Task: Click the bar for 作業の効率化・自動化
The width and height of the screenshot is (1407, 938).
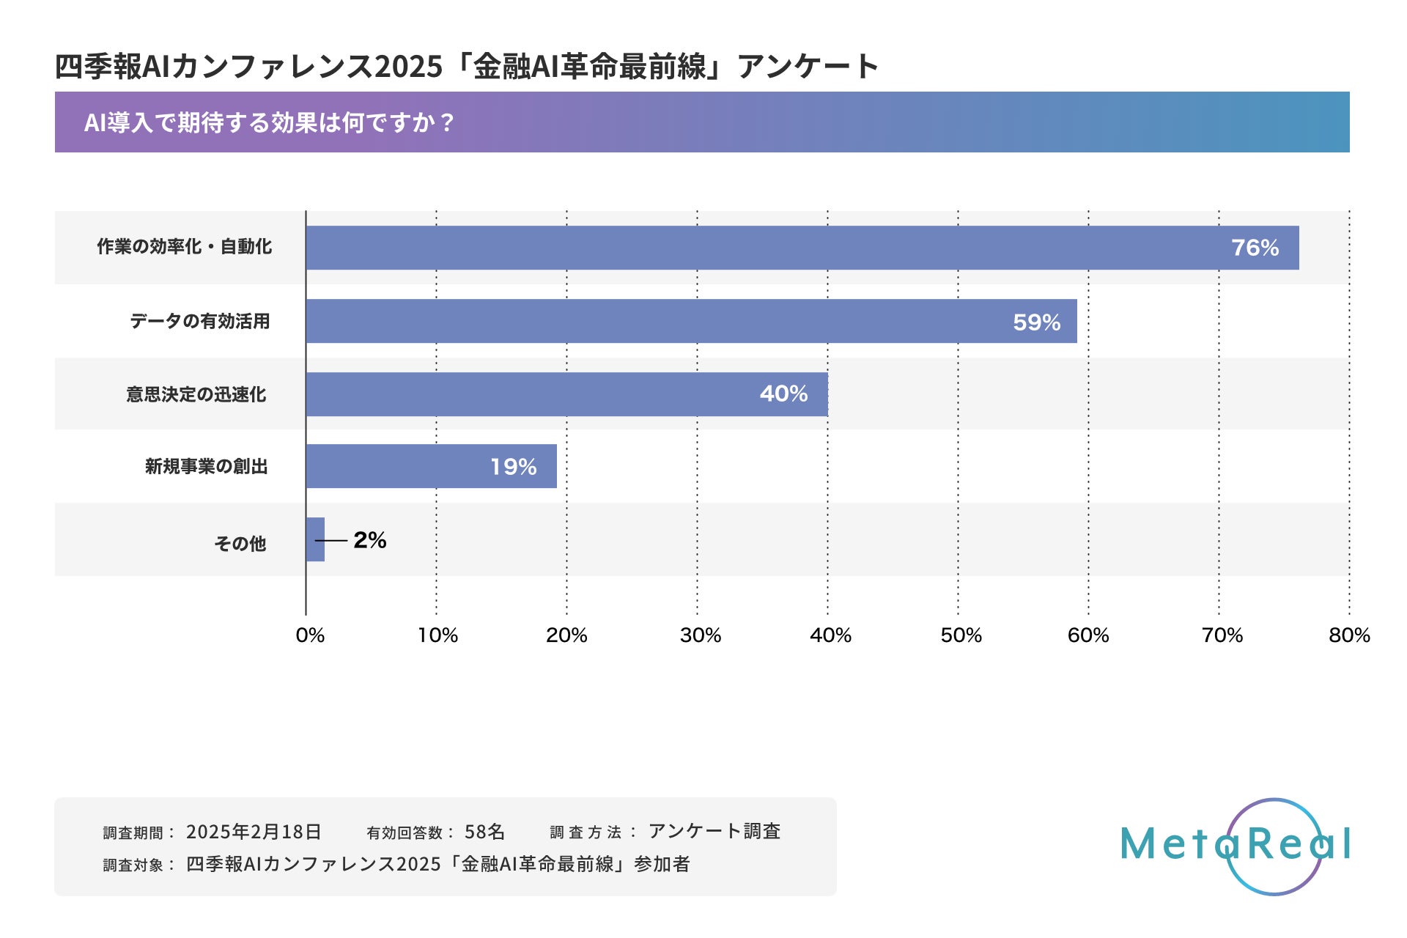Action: click(x=802, y=248)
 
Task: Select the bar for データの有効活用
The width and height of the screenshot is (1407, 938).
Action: click(x=691, y=321)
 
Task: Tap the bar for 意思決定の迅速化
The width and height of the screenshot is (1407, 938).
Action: click(x=566, y=394)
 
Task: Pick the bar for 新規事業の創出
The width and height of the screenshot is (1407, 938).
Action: click(x=431, y=466)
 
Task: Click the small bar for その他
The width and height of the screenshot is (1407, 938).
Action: click(x=315, y=539)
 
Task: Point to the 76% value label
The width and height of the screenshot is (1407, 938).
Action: click(x=1255, y=248)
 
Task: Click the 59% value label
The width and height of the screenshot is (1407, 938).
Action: click(x=1036, y=322)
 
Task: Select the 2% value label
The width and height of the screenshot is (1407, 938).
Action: click(x=369, y=540)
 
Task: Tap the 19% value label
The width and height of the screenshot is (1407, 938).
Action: click(x=513, y=467)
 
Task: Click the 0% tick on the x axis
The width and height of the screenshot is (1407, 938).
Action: click(x=310, y=635)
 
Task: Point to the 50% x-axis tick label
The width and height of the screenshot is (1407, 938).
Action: click(x=961, y=635)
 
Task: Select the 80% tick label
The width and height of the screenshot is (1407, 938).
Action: click(x=1349, y=635)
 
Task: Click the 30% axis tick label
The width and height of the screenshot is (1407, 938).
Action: click(x=700, y=635)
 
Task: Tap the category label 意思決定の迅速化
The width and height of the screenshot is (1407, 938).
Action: click(x=196, y=394)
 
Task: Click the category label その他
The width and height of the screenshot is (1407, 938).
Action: click(x=240, y=543)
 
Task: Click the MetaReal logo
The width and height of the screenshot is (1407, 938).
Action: click(x=1236, y=845)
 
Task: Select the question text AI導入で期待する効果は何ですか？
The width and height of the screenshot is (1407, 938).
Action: click(x=269, y=122)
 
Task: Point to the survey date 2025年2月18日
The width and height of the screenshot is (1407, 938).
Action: click(x=254, y=832)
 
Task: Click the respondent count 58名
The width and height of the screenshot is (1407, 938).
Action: click(x=484, y=832)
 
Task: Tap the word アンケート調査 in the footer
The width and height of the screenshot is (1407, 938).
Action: click(x=714, y=831)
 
